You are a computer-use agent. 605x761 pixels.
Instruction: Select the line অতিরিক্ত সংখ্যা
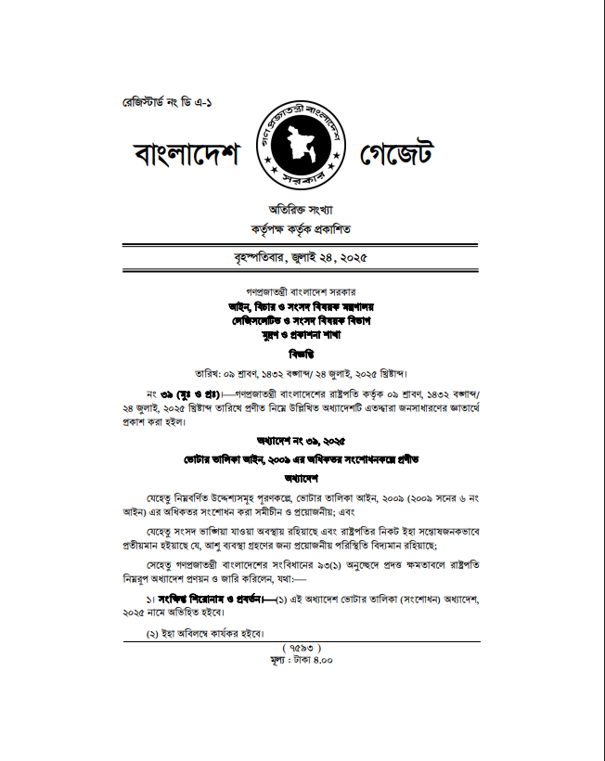[x=301, y=209]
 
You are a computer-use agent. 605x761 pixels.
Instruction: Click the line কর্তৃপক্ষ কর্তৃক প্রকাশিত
[x=301, y=228]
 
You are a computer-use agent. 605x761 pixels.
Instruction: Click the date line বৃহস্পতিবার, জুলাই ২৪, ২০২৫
[x=301, y=257]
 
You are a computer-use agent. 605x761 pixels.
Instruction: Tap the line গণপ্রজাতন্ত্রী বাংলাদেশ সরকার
[x=302, y=291]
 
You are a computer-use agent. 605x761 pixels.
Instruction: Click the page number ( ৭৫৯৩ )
[x=302, y=647]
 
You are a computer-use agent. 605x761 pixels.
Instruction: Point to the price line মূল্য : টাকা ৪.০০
[x=302, y=660]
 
